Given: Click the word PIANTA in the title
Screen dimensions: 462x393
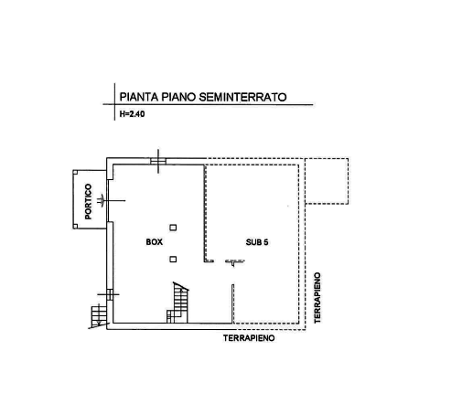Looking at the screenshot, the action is [x=139, y=97].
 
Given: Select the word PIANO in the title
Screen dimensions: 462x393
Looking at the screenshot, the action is [x=178, y=97].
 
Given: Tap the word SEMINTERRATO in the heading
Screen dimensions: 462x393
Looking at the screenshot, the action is [x=242, y=97].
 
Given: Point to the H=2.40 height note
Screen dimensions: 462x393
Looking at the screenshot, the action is [x=132, y=114].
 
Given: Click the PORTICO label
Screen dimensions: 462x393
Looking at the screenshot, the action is [x=88, y=201].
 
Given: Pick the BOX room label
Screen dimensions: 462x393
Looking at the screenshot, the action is [x=155, y=242].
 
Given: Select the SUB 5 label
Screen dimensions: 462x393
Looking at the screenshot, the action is [x=257, y=242].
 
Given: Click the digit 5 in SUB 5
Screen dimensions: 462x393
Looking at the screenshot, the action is [x=266, y=242].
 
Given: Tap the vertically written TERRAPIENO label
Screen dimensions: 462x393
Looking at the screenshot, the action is [x=317, y=298].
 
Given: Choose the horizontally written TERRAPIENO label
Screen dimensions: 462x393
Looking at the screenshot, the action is [x=249, y=338].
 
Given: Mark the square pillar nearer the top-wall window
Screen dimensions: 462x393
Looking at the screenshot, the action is [x=173, y=228].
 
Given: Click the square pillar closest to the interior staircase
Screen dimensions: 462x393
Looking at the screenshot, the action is [x=173, y=260].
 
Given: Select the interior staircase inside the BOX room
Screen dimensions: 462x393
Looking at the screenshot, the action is [x=177, y=303].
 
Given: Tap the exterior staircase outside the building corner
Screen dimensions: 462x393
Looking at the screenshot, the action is [x=99, y=316].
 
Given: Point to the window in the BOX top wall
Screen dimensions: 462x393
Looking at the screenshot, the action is [x=158, y=161].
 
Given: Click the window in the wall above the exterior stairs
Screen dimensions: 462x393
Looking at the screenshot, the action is [x=110, y=294].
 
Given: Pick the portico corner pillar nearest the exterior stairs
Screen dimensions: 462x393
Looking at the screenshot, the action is [x=75, y=226].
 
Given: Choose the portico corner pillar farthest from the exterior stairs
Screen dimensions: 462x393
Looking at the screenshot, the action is [x=75, y=173].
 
